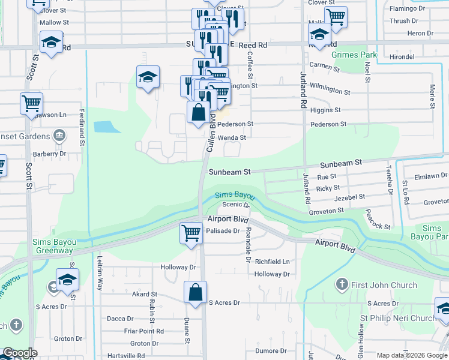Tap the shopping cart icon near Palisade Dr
pyautogui.click(x=191, y=232)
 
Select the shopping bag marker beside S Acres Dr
pyautogui.click(x=196, y=293)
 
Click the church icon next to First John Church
pyautogui.click(x=342, y=284)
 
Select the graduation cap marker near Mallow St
pyautogui.click(x=52, y=42)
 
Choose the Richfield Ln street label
pyautogui.click(x=272, y=262)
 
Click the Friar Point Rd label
pyautogui.click(x=143, y=331)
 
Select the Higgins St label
pyautogui.click(x=326, y=110)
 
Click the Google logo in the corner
pyautogui.click(x=20, y=353)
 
